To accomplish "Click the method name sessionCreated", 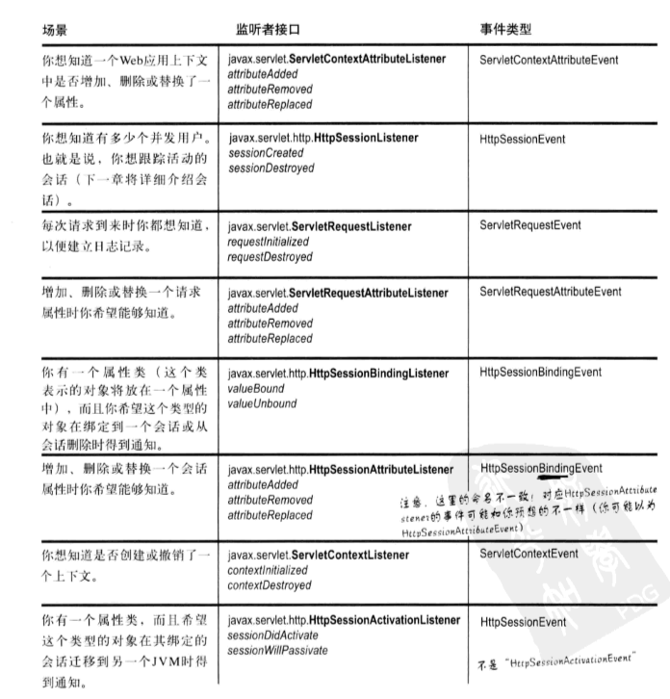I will [265, 153].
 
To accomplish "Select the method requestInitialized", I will [271, 243].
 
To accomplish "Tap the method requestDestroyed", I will [271, 257].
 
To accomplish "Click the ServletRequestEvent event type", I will [529, 225].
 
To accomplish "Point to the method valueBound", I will [256, 389].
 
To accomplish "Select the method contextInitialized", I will [271, 570].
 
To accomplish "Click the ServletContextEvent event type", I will [528, 554].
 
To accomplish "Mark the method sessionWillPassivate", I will [278, 651].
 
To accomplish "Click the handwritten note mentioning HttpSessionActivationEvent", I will [560, 661].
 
